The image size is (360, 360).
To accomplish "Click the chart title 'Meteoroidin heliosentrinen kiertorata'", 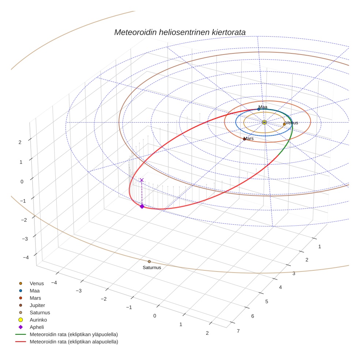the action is [180, 32].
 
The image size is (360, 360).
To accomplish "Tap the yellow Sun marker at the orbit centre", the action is [264, 122].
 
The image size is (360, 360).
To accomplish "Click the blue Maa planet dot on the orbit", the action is [259, 109].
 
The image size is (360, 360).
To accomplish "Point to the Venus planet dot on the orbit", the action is [284, 124].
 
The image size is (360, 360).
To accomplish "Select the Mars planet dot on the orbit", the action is [244, 139].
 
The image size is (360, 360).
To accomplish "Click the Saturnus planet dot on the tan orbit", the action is [149, 262].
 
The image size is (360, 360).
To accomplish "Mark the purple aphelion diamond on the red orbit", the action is [142, 206].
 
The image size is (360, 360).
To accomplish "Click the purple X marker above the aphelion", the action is [142, 180].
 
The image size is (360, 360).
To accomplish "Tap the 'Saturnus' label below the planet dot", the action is [152, 268].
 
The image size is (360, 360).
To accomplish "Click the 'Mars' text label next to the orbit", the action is [249, 138].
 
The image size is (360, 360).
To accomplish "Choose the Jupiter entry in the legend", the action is [32, 305].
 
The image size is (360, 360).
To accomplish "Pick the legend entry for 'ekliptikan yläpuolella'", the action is [67, 334].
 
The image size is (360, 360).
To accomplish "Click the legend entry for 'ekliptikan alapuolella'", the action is [67, 342].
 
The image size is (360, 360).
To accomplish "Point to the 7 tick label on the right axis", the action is [238, 331].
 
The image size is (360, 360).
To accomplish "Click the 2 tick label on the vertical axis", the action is [20, 142].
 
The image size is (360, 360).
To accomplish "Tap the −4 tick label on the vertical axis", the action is [26, 258].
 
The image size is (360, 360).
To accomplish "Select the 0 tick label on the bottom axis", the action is [155, 316].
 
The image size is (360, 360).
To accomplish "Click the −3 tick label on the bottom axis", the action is [79, 291].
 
